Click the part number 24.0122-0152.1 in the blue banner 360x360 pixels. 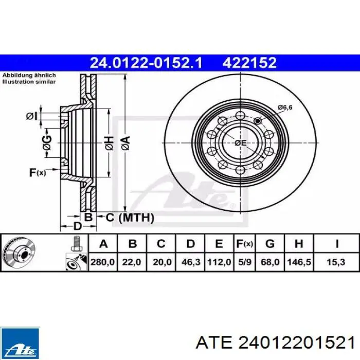[146, 63]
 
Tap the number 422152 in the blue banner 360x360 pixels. [249, 63]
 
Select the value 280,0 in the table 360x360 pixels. [102, 262]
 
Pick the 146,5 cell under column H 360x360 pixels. [299, 262]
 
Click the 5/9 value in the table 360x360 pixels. [245, 262]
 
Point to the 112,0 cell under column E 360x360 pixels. [219, 262]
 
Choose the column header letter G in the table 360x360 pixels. [270, 244]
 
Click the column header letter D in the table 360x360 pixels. [191, 244]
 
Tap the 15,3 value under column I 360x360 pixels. [336, 262]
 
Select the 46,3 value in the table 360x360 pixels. [191, 262]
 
